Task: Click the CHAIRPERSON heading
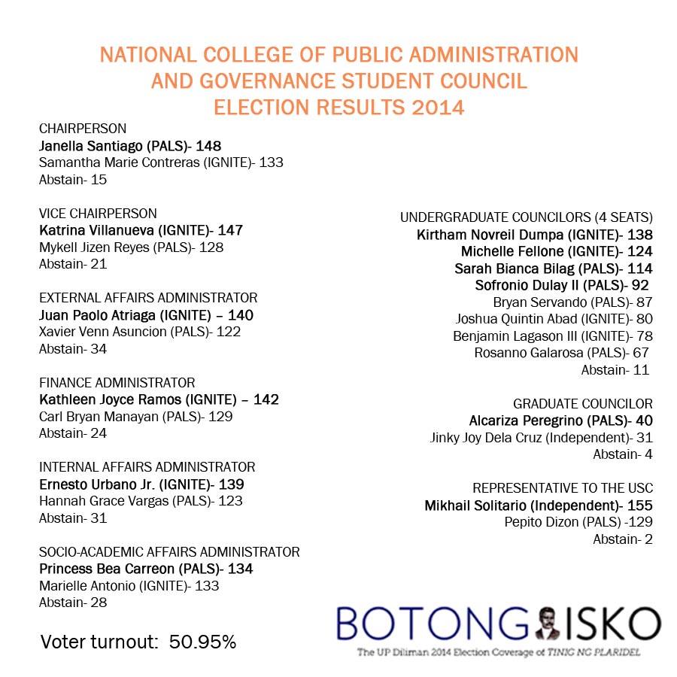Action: click(83, 128)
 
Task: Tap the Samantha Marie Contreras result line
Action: click(161, 162)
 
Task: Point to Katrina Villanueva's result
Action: click(141, 230)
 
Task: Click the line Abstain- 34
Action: click(73, 349)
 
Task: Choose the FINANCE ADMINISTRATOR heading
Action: click(117, 383)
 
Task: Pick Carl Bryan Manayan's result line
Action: click(135, 416)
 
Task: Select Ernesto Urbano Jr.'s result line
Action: click(141, 484)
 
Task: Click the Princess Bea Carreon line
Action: click(146, 569)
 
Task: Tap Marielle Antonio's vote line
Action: click(129, 586)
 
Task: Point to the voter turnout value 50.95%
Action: click(202, 642)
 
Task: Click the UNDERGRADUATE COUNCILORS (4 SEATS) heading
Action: click(527, 217)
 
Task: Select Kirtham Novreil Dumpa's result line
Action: click(535, 235)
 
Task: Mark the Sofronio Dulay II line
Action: click(562, 285)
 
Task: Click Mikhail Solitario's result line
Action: click(539, 505)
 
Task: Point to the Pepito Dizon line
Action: click(578, 522)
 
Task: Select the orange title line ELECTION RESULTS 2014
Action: click(338, 107)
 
